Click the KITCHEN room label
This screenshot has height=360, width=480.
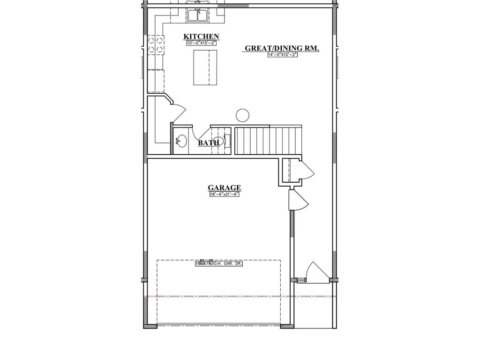[201, 37]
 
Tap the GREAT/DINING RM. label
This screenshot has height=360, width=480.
[282, 48]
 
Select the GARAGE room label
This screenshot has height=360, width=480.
[225, 188]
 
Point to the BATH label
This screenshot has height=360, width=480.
[209, 143]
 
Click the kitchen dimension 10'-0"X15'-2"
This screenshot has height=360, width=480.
[201, 43]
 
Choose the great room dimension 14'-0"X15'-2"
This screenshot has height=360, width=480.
[283, 55]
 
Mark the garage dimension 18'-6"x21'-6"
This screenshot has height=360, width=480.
[225, 195]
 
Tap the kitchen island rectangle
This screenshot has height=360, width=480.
[205, 67]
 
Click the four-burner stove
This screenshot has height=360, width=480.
[155, 44]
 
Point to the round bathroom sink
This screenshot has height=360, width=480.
[181, 140]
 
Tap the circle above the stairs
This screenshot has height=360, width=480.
[242, 115]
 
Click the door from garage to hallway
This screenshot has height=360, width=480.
[298, 201]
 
